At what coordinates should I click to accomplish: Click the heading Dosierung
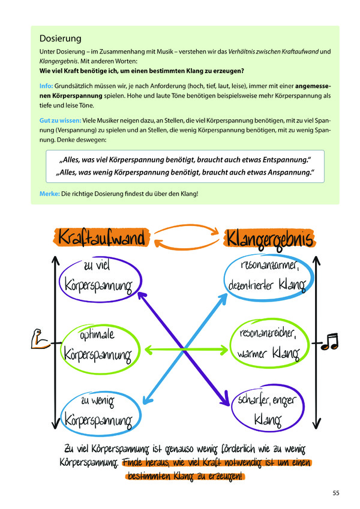click(60, 40)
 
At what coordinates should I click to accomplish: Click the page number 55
click(336, 493)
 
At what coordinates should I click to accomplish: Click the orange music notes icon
click(329, 342)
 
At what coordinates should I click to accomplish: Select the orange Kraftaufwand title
click(102, 238)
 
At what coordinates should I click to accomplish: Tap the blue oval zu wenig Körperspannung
click(98, 408)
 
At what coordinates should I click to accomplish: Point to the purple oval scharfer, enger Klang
click(264, 409)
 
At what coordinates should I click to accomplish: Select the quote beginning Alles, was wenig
click(185, 172)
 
